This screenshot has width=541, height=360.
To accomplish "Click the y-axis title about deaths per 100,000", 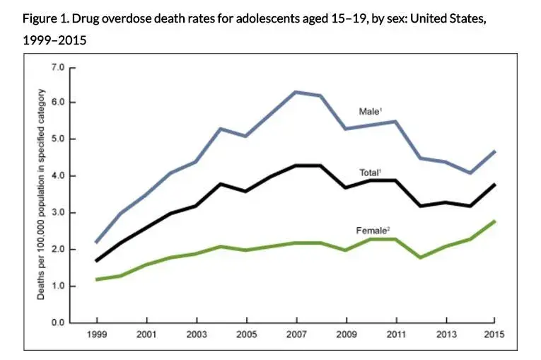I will pyautogui.click(x=41, y=194).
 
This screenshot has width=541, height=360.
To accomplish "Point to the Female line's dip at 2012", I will pyautogui.click(x=419, y=257).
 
